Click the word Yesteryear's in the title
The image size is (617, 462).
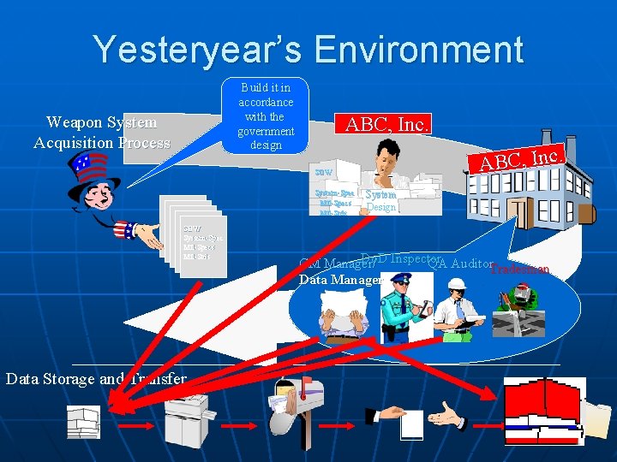point(197,49)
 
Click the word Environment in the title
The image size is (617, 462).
point(419,49)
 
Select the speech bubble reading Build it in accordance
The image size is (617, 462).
point(267,115)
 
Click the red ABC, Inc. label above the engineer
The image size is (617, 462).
point(386,124)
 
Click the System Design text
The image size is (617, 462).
point(381,201)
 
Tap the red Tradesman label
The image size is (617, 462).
point(519,271)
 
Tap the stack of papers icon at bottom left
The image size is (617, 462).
point(83,421)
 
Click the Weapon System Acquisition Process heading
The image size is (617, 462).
point(102,133)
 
